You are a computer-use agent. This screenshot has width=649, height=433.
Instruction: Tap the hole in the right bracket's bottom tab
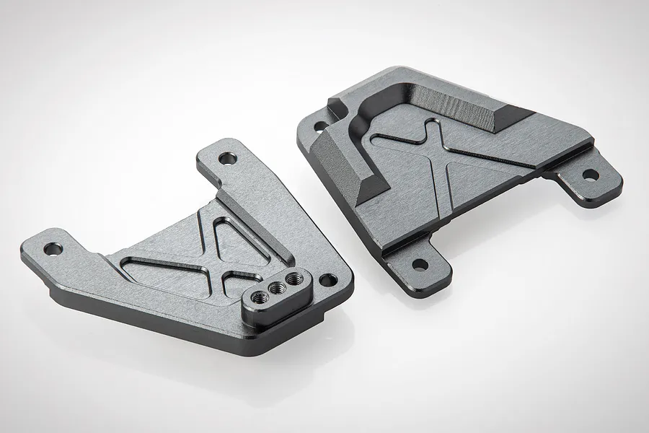pos(416,264)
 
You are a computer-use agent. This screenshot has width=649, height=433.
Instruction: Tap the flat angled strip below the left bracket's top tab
pos(238,198)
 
